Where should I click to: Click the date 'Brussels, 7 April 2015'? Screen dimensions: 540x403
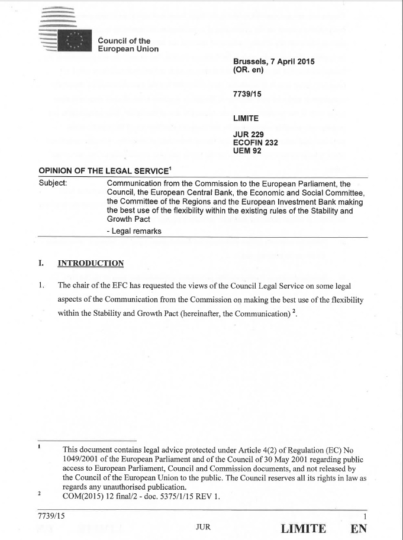273,62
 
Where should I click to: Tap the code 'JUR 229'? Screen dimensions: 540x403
249,134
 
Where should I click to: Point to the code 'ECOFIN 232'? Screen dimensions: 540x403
256,142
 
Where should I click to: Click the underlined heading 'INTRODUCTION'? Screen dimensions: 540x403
91,264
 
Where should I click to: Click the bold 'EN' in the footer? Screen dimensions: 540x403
359,528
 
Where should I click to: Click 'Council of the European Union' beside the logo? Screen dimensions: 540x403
128,44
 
